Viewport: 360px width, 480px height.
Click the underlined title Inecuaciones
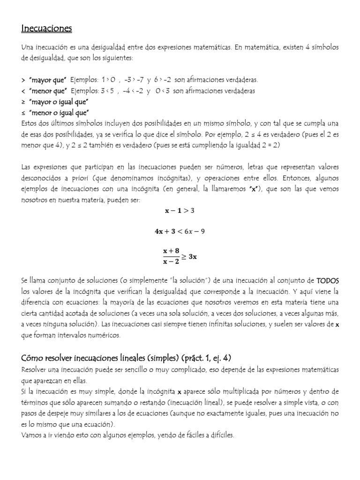[46, 29]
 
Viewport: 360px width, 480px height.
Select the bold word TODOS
[327, 280]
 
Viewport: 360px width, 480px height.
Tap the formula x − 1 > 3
[180, 211]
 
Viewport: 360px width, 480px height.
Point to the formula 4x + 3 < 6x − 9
[180, 232]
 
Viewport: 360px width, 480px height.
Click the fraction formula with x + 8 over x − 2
[180, 256]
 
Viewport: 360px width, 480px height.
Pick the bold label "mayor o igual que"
[59, 102]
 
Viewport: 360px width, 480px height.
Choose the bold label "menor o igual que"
[59, 112]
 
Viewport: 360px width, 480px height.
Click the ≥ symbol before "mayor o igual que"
[23, 102]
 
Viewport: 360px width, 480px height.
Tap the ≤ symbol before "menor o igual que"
[23, 112]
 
